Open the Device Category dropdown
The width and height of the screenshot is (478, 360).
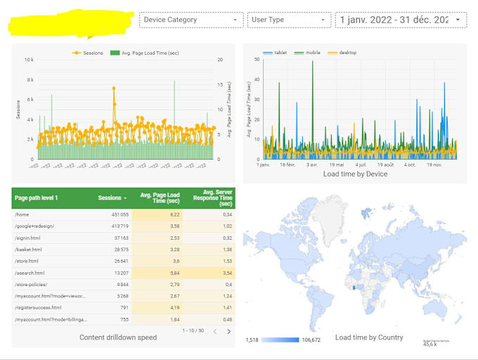click(191, 20)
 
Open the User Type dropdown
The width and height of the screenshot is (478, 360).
click(289, 20)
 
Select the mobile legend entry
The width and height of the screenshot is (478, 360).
click(309, 53)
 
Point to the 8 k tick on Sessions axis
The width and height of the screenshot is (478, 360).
click(29, 80)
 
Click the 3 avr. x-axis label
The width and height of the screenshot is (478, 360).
click(312, 165)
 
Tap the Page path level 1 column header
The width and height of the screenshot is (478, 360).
click(37, 198)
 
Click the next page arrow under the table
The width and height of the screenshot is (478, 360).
click(228, 332)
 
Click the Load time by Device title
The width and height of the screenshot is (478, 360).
click(355, 174)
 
